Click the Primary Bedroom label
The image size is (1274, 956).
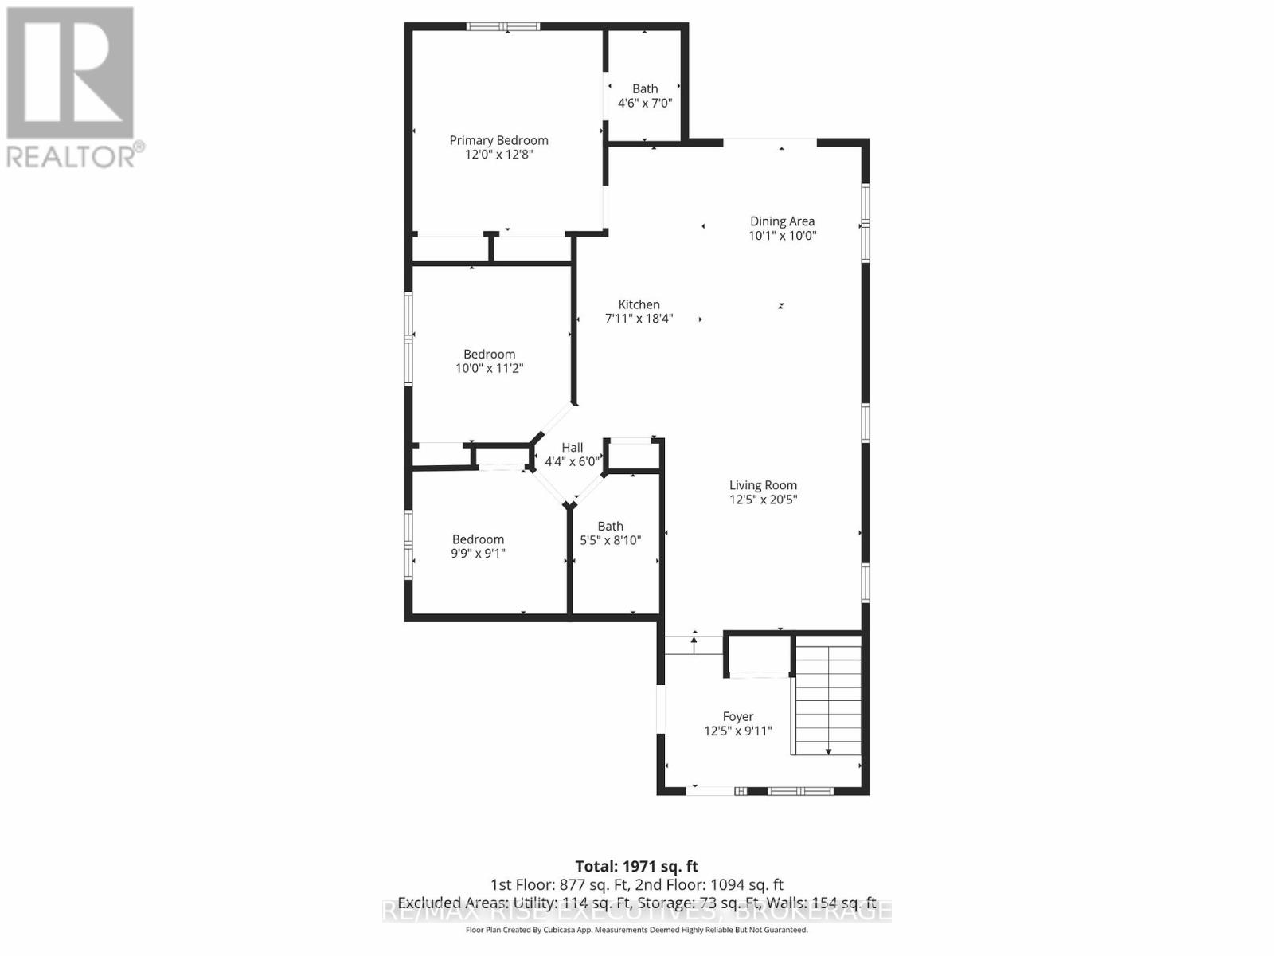coord(498,140)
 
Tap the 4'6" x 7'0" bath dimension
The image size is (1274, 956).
coord(645,103)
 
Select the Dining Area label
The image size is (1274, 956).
coord(782,221)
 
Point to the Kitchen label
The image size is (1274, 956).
coord(639,304)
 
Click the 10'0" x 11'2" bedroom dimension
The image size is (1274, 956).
coord(489,368)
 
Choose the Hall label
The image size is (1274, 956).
coord(572,448)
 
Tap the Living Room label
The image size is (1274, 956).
coord(763,485)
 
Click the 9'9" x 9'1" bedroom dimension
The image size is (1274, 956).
coord(478,553)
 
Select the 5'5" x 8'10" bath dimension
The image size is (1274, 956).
coord(610,540)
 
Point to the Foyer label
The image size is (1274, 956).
coord(737,717)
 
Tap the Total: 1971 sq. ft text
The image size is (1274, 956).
coord(636,866)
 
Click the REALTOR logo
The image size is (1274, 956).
coord(72,88)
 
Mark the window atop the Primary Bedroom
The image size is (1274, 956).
coord(502,27)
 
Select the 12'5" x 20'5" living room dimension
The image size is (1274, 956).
coord(763,500)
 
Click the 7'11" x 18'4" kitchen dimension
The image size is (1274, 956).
coord(639,319)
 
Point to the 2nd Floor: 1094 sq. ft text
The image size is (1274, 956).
coord(709,884)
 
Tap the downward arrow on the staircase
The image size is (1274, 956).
coord(828,751)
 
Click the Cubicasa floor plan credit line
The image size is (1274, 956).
coord(636,930)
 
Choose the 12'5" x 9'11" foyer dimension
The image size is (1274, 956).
coord(737,731)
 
